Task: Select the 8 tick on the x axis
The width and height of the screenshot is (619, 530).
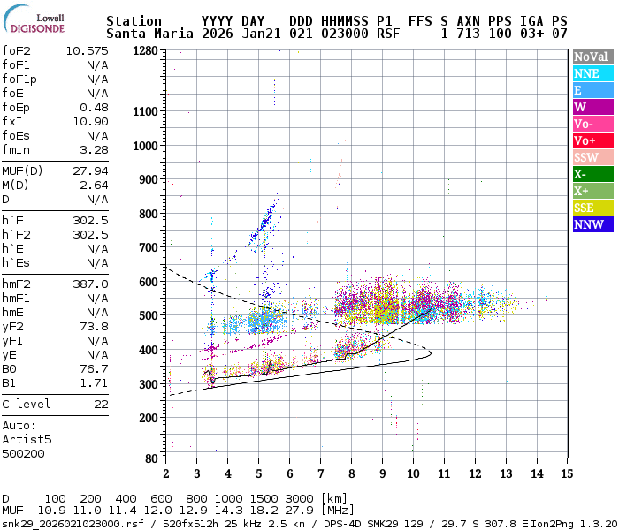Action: point(351,473)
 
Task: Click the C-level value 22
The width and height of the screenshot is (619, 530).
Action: point(101,404)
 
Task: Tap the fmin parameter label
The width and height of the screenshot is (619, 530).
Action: point(17,149)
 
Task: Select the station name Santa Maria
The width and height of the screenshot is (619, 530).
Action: point(146,34)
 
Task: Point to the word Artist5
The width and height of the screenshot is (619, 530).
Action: point(27,439)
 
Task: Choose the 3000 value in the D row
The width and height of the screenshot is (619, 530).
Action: point(301,499)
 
